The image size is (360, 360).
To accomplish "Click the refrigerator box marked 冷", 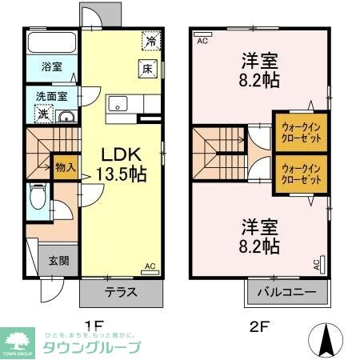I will click(x=150, y=40).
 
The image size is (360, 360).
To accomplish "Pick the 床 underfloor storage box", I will click(x=148, y=69).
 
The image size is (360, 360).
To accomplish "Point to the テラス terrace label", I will click(x=121, y=292).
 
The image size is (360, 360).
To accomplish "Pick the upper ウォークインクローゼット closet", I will click(x=301, y=132).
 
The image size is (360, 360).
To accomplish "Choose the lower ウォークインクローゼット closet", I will click(x=301, y=174).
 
